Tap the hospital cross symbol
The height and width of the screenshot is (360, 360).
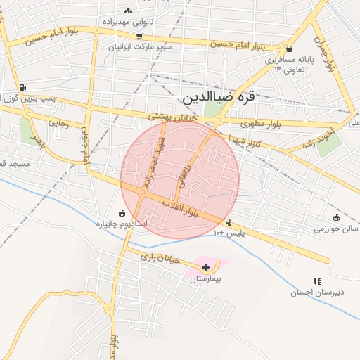click(x=205, y=267)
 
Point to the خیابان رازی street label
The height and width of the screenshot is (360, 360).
click(x=160, y=258)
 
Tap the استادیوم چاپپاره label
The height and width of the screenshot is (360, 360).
click(x=121, y=224)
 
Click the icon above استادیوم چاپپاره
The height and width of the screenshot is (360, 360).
click(x=122, y=213)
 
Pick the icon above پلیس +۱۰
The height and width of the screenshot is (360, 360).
click(x=229, y=223)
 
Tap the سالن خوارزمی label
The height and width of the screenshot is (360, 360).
click(x=336, y=229)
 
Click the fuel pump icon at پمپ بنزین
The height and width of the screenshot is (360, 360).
click(x=23, y=87)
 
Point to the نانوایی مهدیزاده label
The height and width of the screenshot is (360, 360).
click(x=129, y=22)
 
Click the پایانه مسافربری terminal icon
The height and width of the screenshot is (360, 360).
click(x=290, y=49)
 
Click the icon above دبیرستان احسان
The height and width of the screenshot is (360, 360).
click(x=318, y=281)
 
